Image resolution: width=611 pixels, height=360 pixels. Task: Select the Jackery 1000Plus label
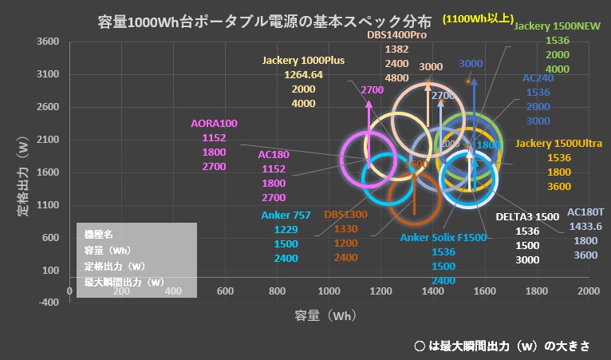click(x=303, y=61)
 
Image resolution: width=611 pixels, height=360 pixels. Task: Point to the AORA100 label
click(x=215, y=124)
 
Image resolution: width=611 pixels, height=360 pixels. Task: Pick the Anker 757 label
click(x=286, y=215)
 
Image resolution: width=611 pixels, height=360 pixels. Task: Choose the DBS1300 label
click(x=345, y=215)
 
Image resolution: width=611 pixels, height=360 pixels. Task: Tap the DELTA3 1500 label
click(x=527, y=216)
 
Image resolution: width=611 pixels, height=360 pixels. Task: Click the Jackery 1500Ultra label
click(x=559, y=143)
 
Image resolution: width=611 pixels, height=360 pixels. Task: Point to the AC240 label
click(x=538, y=79)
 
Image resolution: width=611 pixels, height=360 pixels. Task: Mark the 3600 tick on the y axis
click(x=49, y=42)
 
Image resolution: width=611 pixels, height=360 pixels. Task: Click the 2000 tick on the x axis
click(x=589, y=291)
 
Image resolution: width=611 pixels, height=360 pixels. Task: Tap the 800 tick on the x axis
click(x=277, y=291)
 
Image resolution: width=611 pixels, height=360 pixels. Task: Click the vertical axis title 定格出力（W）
click(x=23, y=176)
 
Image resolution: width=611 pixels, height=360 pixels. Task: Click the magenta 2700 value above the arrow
click(x=372, y=90)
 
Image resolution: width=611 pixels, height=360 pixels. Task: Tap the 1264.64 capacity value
click(x=303, y=75)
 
